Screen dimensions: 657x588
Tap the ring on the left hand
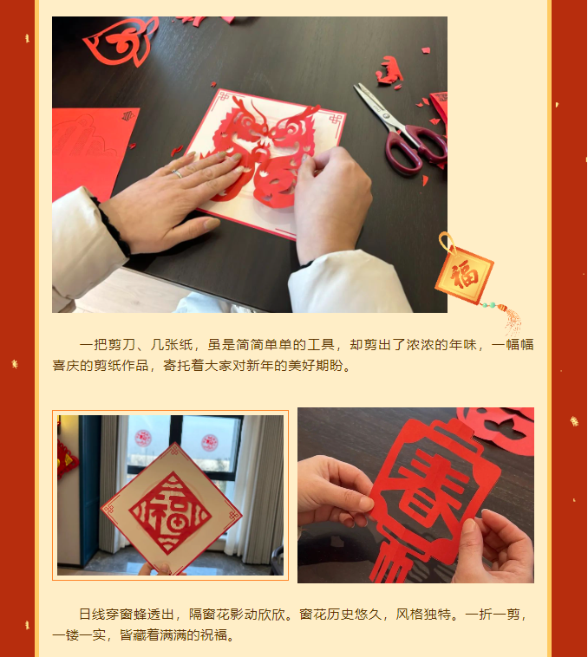(x=178, y=173)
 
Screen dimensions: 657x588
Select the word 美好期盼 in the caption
(x=320, y=366)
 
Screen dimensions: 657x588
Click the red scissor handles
(x=414, y=146)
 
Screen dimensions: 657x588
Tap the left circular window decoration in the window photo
(x=144, y=439)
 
